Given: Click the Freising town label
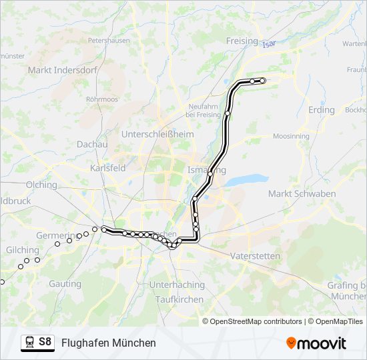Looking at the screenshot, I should click(x=242, y=41).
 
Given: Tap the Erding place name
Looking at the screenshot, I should click(x=321, y=109).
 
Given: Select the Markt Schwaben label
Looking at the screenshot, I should click(x=301, y=193).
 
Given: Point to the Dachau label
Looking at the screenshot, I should click(x=92, y=144).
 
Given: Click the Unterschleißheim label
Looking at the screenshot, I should click(x=157, y=134).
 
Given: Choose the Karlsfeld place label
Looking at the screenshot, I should click(x=108, y=169).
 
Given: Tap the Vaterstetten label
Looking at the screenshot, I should click(x=254, y=256).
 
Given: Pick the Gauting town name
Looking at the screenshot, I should click(x=65, y=283).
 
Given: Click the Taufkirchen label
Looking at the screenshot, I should click(x=179, y=299).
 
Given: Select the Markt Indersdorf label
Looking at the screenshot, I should click(x=63, y=69).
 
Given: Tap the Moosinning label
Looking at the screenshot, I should click(x=292, y=136).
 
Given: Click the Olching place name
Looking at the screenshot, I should click(x=41, y=185).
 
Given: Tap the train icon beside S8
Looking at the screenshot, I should click(x=29, y=342).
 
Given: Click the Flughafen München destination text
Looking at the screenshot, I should click(x=109, y=343).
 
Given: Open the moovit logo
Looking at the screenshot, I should click(x=316, y=343).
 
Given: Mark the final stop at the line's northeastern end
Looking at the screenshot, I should click(x=262, y=81).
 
